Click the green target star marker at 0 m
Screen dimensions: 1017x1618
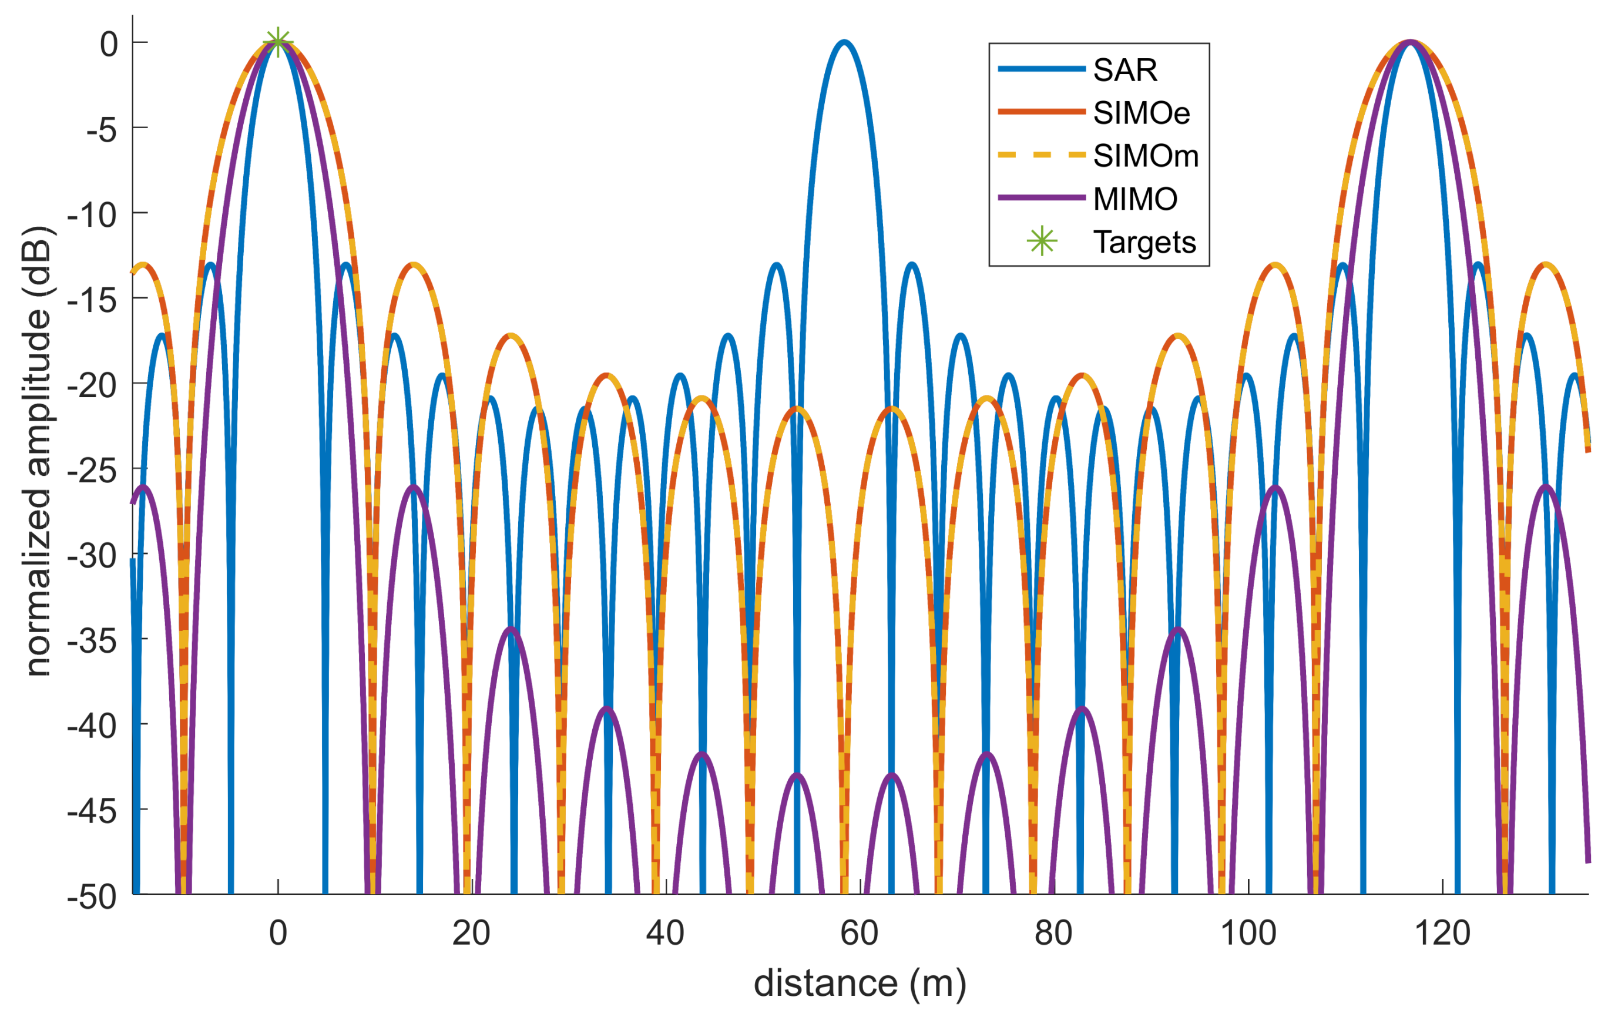point(278,42)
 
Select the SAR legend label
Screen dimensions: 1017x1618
point(1126,70)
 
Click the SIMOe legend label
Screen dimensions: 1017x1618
point(1142,113)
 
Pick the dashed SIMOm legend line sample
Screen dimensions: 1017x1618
point(1042,155)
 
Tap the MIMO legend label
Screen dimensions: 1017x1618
point(1136,199)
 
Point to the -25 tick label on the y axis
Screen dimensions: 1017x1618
point(92,470)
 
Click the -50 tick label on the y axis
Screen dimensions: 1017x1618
point(92,896)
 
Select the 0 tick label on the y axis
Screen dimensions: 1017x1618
point(109,44)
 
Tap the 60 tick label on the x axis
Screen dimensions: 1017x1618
point(860,933)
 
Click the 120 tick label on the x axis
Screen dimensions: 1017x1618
point(1442,933)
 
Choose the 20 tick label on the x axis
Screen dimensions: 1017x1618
point(471,933)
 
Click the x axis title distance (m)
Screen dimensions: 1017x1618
point(860,984)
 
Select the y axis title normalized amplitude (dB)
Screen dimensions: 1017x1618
point(38,451)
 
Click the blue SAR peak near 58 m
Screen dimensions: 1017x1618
point(845,42)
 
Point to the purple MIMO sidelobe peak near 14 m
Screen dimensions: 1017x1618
point(414,486)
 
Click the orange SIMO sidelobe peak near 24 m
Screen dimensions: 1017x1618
point(511,335)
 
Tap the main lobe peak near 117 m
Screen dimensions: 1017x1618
point(1411,42)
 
